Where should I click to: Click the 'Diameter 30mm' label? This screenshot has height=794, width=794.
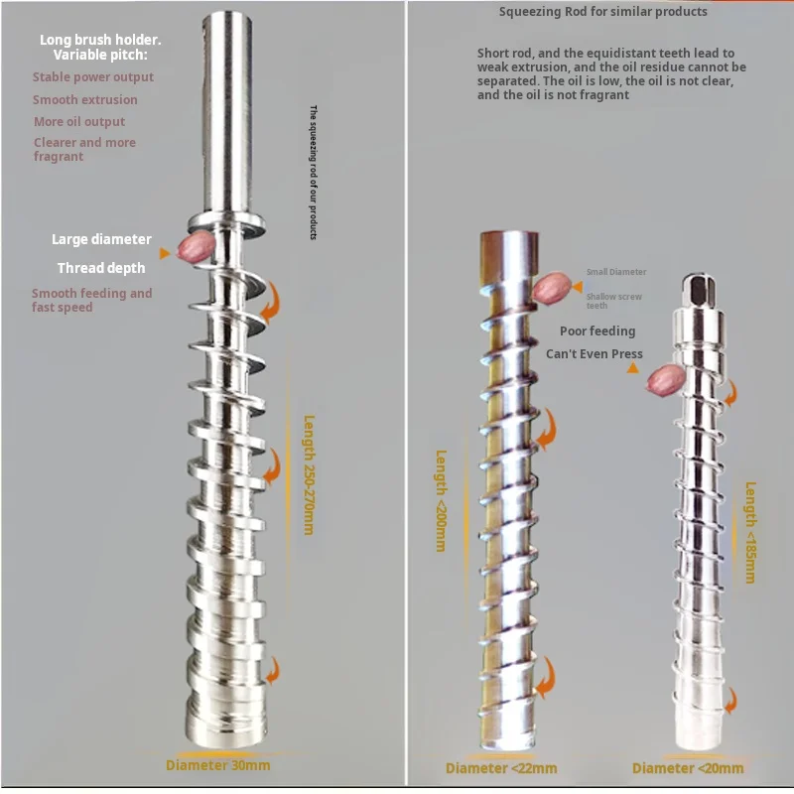tap(217, 765)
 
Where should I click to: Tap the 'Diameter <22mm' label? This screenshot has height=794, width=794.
tap(500, 768)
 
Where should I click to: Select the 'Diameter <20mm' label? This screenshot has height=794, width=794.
tap(688, 768)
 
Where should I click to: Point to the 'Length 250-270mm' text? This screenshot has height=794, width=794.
tap(309, 474)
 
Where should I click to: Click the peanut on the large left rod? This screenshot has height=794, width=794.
tap(190, 248)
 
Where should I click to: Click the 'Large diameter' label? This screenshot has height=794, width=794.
tap(101, 239)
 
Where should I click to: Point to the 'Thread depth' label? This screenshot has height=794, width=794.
tap(101, 268)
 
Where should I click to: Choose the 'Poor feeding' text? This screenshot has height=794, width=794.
tap(596, 331)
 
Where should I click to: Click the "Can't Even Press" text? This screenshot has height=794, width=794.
tap(594, 353)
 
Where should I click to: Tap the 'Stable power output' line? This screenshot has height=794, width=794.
tap(93, 76)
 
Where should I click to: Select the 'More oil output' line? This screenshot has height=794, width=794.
tap(79, 122)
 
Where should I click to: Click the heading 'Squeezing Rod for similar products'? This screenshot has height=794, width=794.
tap(603, 12)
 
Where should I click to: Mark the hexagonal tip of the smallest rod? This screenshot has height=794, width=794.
tap(694, 290)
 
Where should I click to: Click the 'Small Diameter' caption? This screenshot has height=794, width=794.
tap(615, 272)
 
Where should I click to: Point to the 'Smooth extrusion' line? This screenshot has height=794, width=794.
tap(85, 99)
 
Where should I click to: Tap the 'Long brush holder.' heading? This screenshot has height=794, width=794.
tap(99, 40)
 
